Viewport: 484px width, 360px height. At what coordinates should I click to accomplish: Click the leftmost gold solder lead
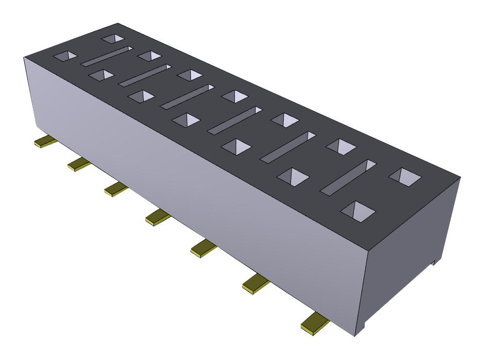(44, 142)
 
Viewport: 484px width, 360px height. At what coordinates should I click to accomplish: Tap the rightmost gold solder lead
(314, 323)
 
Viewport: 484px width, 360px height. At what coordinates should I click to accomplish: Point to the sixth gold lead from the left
(256, 283)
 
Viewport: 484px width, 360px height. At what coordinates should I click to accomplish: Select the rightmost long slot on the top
(348, 177)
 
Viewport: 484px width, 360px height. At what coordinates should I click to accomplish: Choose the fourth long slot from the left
(235, 120)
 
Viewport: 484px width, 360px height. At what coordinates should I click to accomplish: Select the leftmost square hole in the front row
(65, 56)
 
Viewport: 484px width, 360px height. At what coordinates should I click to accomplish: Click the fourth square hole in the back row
(235, 95)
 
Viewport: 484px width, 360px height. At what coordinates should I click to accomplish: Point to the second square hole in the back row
(149, 56)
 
